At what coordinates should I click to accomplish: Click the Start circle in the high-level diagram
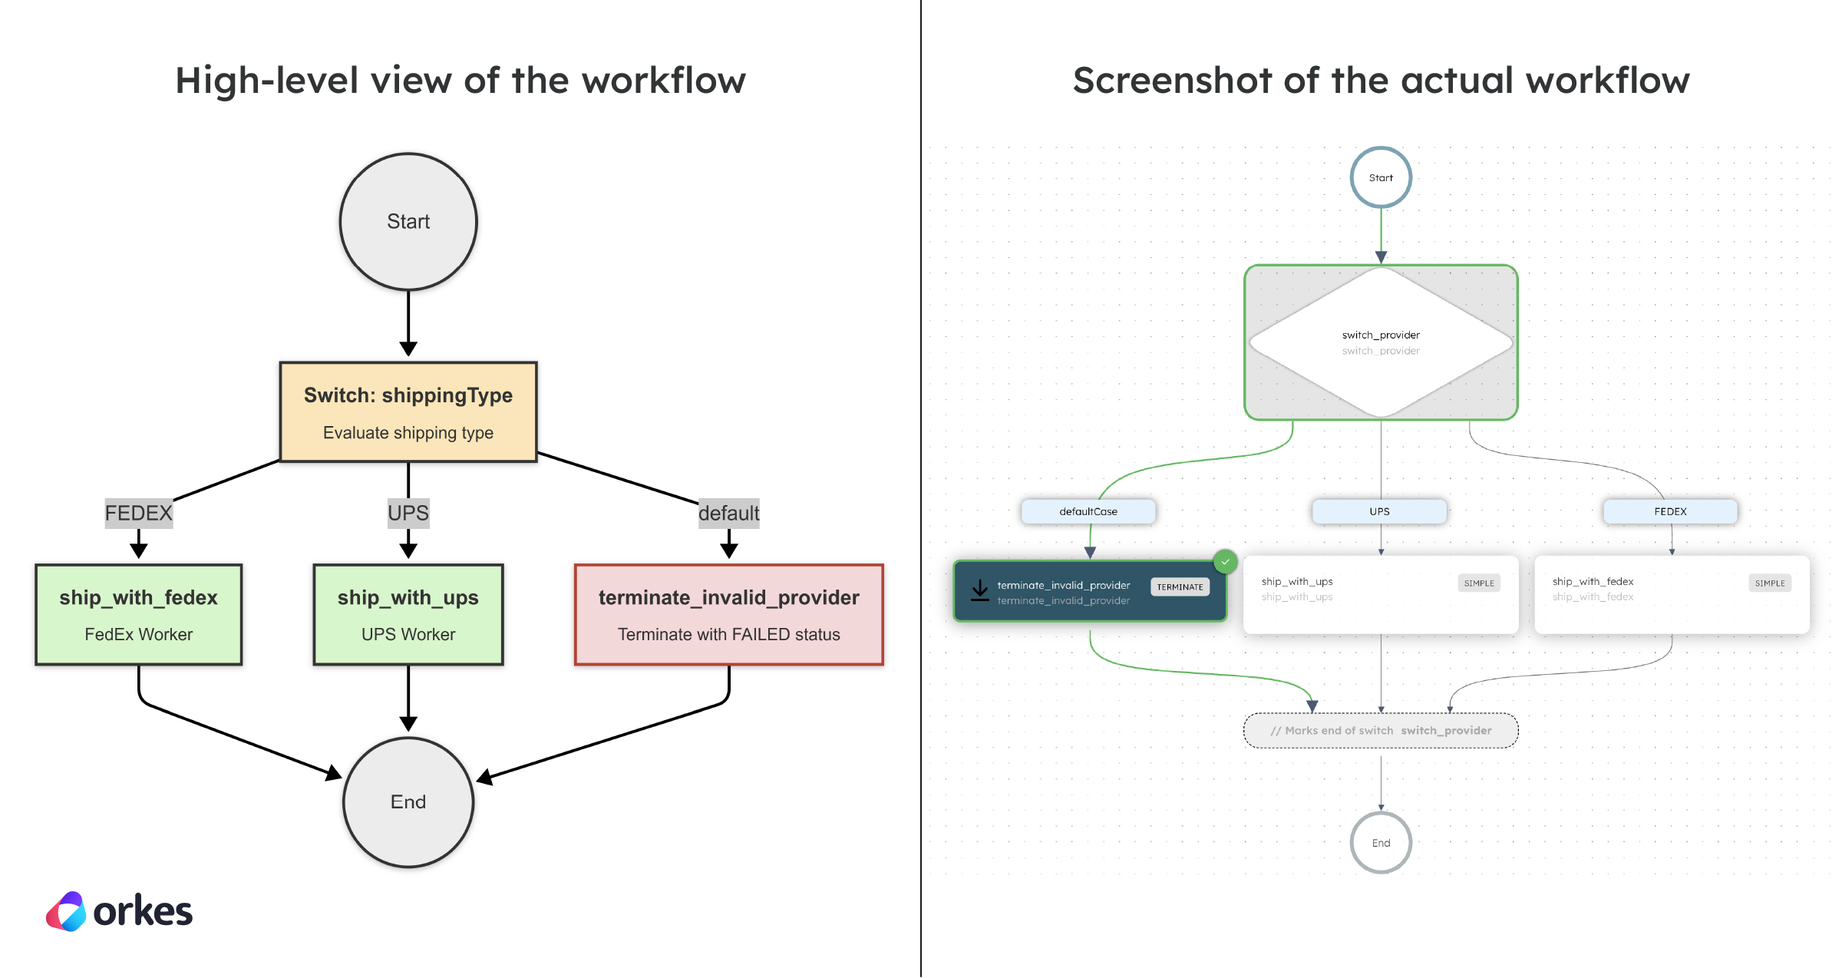click(x=408, y=222)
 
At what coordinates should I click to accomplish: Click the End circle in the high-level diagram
click(x=408, y=802)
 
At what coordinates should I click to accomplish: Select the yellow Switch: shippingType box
click(x=408, y=412)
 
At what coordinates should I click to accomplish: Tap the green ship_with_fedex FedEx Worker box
click(x=139, y=615)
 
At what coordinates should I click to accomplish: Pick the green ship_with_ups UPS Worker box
click(x=408, y=615)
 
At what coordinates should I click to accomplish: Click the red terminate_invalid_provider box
click(x=728, y=615)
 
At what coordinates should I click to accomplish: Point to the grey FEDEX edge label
click(x=139, y=513)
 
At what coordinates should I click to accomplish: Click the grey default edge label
click(x=728, y=513)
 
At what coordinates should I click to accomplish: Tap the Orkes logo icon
click(x=67, y=912)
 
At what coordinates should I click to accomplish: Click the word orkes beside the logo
click(x=143, y=912)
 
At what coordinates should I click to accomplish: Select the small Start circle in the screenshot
click(x=1381, y=177)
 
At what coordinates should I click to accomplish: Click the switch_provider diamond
click(x=1381, y=342)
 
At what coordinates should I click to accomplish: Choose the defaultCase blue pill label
click(x=1088, y=511)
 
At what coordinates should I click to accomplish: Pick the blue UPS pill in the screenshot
click(x=1379, y=511)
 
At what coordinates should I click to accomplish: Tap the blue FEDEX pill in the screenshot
click(x=1670, y=511)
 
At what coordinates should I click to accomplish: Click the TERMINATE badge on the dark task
click(x=1180, y=587)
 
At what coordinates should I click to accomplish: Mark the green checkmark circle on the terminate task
click(x=1226, y=562)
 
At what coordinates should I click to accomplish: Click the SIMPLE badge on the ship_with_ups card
click(x=1478, y=583)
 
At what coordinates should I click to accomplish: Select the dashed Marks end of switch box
click(x=1381, y=731)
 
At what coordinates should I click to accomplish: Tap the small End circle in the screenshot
click(x=1381, y=843)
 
